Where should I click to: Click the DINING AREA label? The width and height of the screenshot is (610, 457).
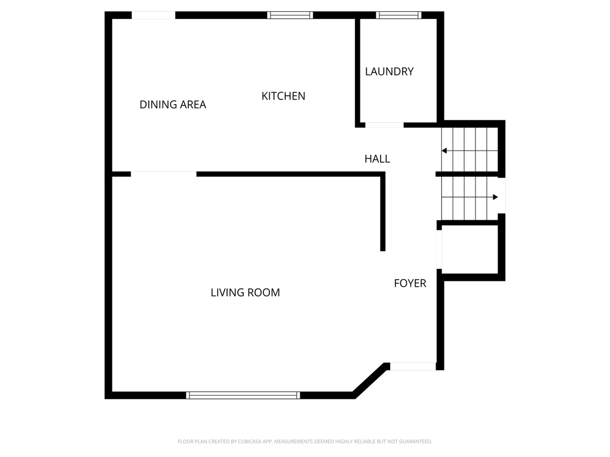pos(173,105)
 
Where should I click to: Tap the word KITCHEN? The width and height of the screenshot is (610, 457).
pos(284,96)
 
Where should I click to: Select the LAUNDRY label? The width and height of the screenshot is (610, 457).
pos(389,71)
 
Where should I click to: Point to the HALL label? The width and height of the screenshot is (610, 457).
pos(377,159)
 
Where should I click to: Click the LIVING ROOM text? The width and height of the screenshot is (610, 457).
pos(245,293)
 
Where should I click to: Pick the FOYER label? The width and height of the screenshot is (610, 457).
pos(410,283)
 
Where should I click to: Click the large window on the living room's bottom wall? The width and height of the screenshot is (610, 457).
pos(243,395)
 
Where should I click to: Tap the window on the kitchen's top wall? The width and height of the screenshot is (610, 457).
pos(290,15)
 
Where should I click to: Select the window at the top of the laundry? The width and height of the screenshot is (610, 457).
pos(399,15)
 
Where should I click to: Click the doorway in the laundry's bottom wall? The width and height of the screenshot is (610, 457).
pos(384,125)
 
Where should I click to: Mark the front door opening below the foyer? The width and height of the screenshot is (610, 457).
pos(413,367)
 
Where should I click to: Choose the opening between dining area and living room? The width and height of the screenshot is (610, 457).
pos(163,174)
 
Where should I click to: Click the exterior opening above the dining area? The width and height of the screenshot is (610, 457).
pos(153,15)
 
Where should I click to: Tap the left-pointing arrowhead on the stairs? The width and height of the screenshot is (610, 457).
pos(444,151)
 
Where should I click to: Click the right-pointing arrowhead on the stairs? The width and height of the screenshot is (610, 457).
pos(494,197)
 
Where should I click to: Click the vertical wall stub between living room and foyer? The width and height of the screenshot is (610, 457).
pos(383,212)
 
